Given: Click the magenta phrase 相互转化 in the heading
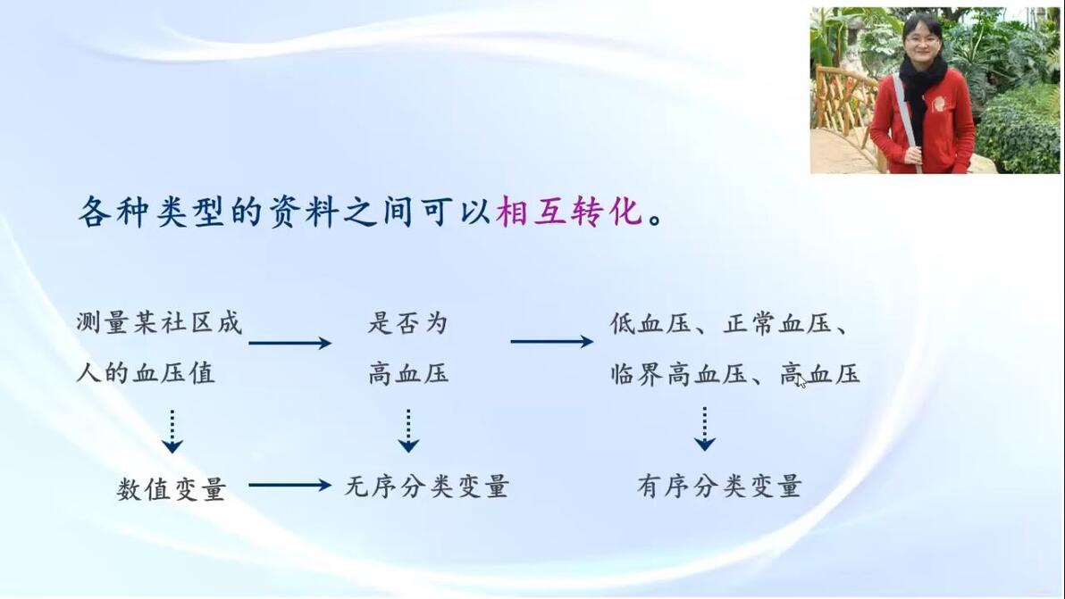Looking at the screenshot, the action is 569,211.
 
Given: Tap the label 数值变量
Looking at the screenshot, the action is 171,487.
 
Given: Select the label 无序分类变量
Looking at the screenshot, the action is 426,486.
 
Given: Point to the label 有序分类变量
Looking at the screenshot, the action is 719,486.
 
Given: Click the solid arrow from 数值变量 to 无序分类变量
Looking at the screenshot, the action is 290,485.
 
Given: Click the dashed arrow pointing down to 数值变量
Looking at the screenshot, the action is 172,431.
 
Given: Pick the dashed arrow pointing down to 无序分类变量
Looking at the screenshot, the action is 408,430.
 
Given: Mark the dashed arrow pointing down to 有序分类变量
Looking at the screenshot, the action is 704,428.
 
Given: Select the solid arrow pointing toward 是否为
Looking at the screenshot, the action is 290,343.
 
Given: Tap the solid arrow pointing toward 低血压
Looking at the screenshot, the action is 552,341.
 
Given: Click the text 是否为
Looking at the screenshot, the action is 408,323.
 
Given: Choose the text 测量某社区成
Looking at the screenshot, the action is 159,323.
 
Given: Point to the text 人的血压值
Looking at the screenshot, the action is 146,372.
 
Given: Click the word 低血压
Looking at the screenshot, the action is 650,323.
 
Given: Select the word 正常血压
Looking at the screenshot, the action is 777,323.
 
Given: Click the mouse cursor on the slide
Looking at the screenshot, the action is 801,382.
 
